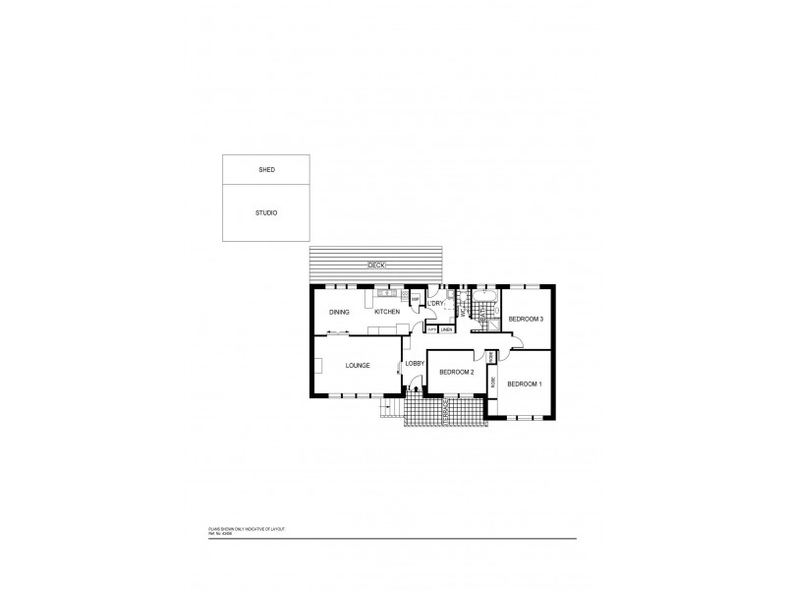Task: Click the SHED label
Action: coord(266,170)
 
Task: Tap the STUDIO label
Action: coord(266,212)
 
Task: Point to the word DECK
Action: coord(376,265)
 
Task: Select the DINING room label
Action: coord(339,313)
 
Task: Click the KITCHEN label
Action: coord(386,313)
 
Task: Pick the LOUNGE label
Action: coord(358,366)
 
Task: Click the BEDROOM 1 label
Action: coord(524,383)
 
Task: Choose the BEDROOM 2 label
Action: coord(457,372)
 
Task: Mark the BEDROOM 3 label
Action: coord(526,319)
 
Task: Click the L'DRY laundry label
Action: coord(436,304)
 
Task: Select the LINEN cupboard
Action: coord(446,329)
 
